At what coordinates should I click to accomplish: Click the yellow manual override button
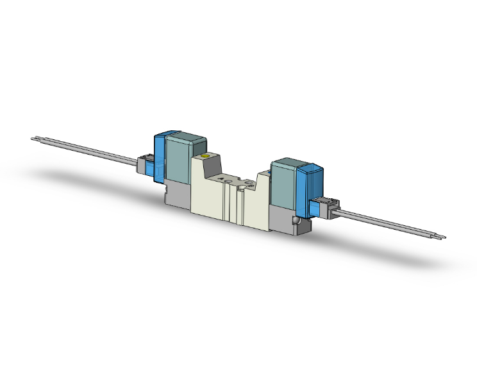click(205, 156)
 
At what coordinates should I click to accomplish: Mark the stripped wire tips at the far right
click(440, 238)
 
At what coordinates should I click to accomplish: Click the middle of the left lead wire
click(90, 151)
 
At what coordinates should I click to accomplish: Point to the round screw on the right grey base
click(296, 221)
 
